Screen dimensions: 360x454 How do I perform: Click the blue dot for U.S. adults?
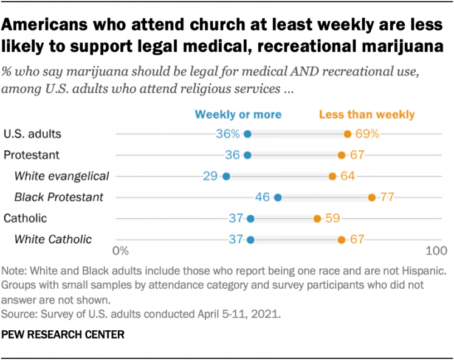click(247, 134)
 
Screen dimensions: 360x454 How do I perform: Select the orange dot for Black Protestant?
click(371, 197)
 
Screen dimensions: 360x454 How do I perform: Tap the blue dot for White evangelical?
click(226, 176)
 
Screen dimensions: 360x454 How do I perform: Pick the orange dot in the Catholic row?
click(317, 218)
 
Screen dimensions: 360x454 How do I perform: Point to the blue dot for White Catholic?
click(250, 240)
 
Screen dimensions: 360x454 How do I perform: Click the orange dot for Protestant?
click(342, 155)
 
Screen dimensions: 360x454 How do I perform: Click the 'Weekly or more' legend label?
click(238, 114)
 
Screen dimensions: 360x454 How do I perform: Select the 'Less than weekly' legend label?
click(366, 114)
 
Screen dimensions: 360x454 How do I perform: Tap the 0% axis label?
click(120, 251)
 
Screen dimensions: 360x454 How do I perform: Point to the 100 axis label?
click(436, 251)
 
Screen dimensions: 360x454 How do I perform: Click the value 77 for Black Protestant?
click(388, 197)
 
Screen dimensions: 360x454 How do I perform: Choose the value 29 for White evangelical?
click(210, 176)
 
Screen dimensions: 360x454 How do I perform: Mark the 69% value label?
click(368, 134)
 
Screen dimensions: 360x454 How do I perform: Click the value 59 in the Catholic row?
click(332, 218)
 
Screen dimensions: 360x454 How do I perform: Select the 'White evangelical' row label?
click(61, 176)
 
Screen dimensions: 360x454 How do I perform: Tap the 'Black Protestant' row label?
click(58, 197)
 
